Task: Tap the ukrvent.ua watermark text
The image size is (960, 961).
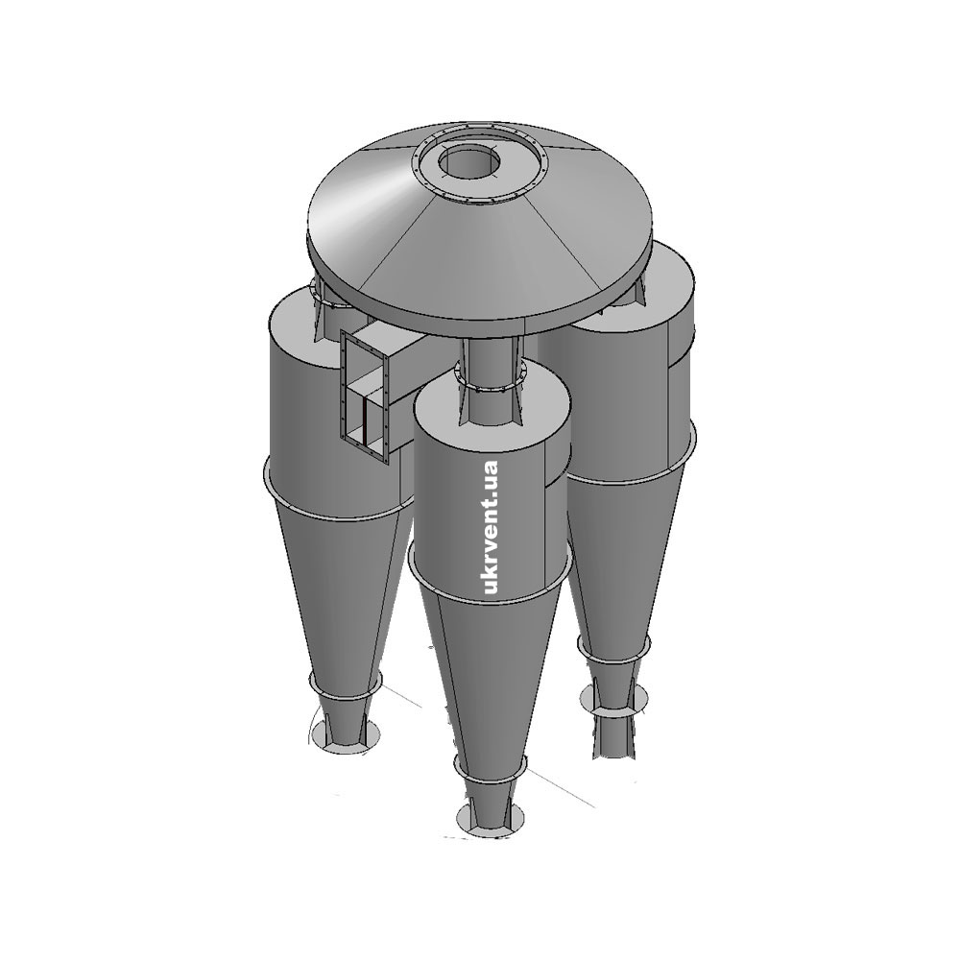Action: click(491, 527)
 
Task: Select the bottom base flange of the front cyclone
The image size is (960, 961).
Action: click(491, 818)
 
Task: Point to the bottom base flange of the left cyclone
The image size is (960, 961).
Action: click(344, 735)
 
